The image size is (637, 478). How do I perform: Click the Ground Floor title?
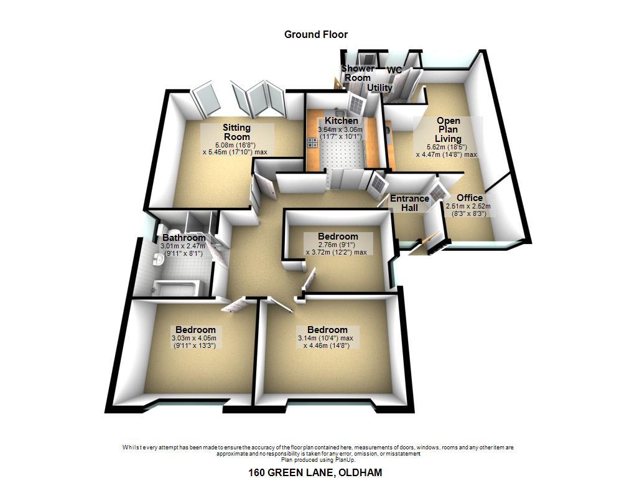[x=315, y=35]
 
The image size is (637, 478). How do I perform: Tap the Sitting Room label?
[x=236, y=132]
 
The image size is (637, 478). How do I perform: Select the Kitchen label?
[x=342, y=121]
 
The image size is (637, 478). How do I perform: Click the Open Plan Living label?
[x=448, y=129]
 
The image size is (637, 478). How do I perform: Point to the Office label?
[x=470, y=198]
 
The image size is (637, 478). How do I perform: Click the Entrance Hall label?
[x=409, y=203]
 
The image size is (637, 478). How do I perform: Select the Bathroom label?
[x=184, y=237]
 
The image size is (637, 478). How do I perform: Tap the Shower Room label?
[x=358, y=73]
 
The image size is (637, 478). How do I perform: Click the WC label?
[x=394, y=70]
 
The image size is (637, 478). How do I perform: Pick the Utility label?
[x=380, y=87]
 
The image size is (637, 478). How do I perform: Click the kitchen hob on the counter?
[x=312, y=143]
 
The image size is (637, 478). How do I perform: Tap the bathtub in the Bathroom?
[x=177, y=287]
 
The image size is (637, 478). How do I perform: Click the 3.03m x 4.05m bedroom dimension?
[x=194, y=338]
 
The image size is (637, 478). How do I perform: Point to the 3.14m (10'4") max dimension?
[x=325, y=338]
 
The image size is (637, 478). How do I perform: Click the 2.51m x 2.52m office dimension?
[x=468, y=207]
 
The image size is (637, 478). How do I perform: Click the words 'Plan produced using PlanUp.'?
[x=318, y=460]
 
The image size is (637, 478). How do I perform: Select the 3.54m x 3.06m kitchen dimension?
[x=340, y=129]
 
